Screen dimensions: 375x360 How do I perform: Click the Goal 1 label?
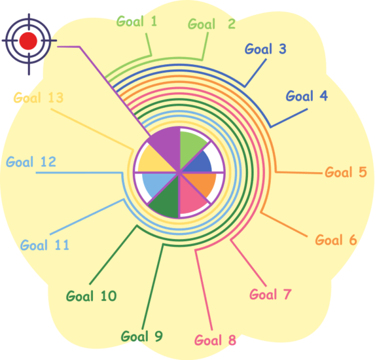point(137,22)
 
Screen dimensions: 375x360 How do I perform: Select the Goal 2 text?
point(211,24)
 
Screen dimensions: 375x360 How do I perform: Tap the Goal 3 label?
point(266,48)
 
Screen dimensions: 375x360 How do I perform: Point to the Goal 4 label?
point(307,96)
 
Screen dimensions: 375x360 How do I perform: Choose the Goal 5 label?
point(346,172)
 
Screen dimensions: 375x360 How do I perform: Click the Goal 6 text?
point(336,240)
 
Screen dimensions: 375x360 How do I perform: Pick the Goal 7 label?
point(270,295)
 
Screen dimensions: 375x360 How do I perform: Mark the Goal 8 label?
point(215,340)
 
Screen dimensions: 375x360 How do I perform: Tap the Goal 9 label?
point(142,336)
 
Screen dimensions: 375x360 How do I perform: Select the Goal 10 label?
point(92,296)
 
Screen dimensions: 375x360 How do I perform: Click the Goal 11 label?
point(45,245)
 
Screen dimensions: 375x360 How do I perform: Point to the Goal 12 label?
point(31,162)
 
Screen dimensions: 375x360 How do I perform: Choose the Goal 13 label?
point(39,98)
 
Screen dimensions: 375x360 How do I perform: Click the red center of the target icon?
point(28,41)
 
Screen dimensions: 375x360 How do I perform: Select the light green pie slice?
point(190,147)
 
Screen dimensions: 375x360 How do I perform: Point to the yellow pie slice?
point(156,161)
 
